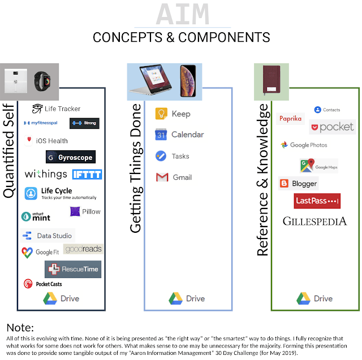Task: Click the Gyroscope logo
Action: [x=71, y=157]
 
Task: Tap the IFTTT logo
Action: [x=87, y=175]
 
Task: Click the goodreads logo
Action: [x=83, y=249]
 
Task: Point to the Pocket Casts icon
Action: [x=28, y=284]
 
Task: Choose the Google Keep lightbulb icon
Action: [x=161, y=114]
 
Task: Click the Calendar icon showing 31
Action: [x=161, y=135]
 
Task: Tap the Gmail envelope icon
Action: [x=162, y=177]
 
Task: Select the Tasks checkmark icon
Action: [x=161, y=156]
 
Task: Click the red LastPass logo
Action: [x=317, y=201]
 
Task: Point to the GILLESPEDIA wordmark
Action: [x=314, y=221]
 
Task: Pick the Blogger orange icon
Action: [x=284, y=184]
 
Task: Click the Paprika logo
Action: [x=291, y=119]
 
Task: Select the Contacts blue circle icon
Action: [x=317, y=110]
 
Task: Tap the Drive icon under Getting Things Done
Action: [x=174, y=298]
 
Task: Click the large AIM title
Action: [x=182, y=14]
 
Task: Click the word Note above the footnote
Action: [x=20, y=328]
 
